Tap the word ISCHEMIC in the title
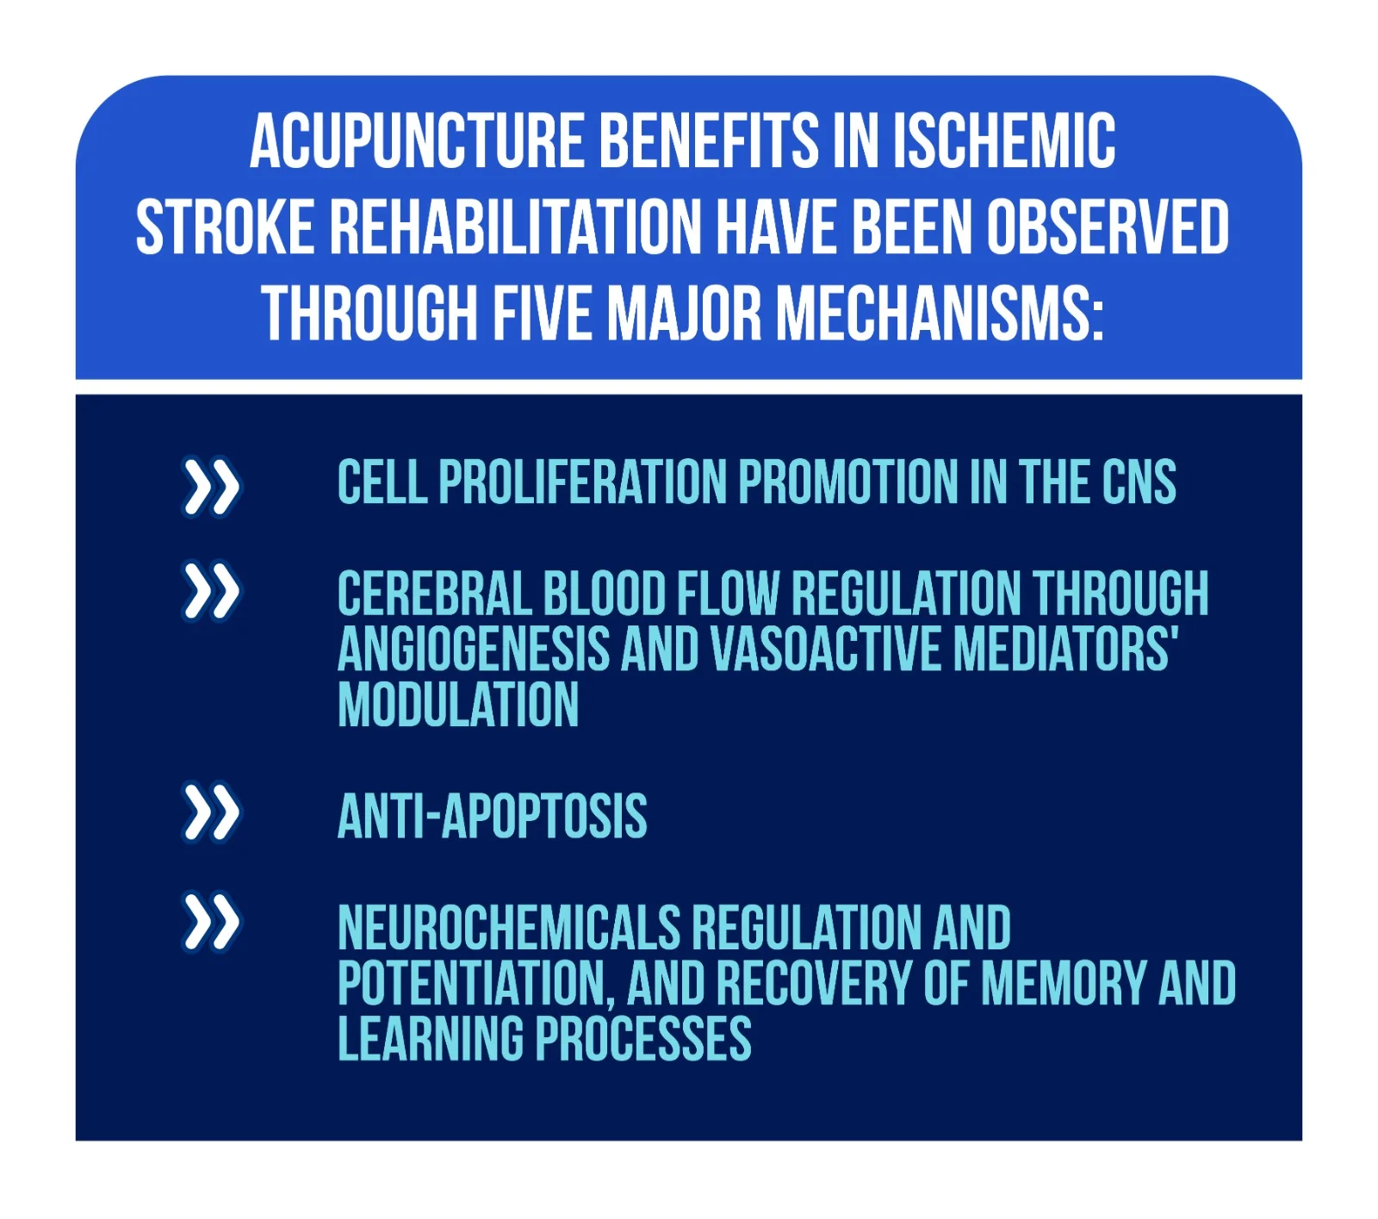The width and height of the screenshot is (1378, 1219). [1004, 140]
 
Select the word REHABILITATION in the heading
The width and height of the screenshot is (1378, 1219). [515, 227]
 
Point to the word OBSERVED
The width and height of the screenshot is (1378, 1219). [1108, 227]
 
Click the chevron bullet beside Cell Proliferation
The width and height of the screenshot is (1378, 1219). [211, 487]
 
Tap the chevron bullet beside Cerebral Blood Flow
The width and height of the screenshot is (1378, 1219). [211, 592]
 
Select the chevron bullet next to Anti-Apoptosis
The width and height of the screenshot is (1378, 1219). [211, 812]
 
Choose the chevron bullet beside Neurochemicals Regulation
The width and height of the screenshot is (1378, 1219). [211, 923]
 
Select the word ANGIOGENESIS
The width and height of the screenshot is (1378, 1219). [474, 649]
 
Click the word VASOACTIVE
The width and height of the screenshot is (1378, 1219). [826, 649]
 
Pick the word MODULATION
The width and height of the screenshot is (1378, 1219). [458, 705]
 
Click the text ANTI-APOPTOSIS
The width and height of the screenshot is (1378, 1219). [492, 816]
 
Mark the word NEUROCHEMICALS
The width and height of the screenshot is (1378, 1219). [509, 928]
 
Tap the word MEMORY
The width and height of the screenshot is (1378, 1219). [1063, 983]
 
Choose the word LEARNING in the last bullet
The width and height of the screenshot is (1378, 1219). [431, 1039]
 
